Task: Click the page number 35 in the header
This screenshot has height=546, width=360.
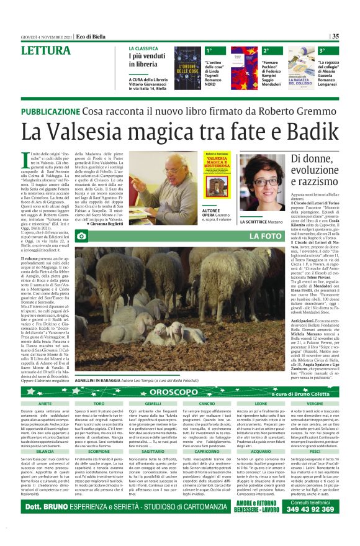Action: click(x=335, y=36)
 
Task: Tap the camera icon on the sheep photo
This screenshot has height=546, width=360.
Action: click(x=81, y=237)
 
